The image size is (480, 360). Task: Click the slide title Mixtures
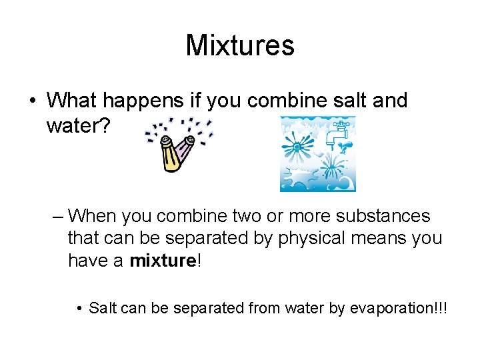tap(240, 46)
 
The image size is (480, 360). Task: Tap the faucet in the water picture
tap(337, 134)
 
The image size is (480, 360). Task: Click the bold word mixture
tap(161, 261)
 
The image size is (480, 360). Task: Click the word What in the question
tap(72, 101)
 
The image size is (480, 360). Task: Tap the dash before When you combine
tap(57, 217)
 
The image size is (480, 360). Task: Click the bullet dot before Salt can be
tap(79, 309)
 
